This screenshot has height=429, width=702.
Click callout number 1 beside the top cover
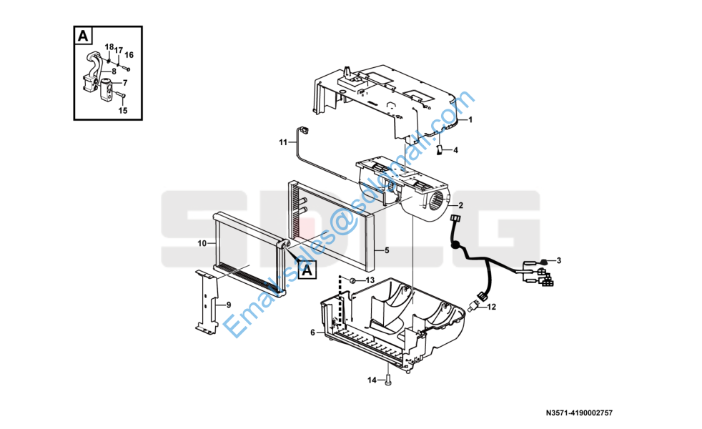coord(470,119)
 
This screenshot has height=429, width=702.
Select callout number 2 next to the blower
coord(460,205)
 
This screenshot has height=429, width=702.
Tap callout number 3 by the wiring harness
coord(559,260)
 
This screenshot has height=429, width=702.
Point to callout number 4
coord(456,150)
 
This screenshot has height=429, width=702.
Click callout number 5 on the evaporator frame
coord(387,250)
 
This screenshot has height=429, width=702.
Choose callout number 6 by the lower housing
coord(312,332)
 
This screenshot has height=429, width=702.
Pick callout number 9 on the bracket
coord(228,305)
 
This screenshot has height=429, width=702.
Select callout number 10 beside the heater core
coord(202,243)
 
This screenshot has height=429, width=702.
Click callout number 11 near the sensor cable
coord(283,142)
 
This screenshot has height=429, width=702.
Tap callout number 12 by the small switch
coord(492,307)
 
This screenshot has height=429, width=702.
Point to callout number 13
coord(370,280)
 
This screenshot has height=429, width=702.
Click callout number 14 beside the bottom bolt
coord(372,380)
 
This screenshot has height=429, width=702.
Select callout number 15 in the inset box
coord(123,111)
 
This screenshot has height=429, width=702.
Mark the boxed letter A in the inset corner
coord(83,35)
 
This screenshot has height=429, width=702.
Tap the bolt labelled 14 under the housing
coord(387,380)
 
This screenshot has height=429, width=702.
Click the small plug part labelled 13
coord(352,281)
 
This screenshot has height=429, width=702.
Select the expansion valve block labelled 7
coord(107,89)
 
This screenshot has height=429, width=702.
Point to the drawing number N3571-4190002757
coord(579,413)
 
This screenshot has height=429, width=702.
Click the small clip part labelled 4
coord(440,149)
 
